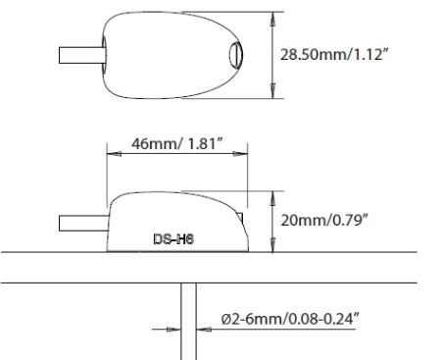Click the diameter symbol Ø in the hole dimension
pyautogui.click(x=228, y=319)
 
